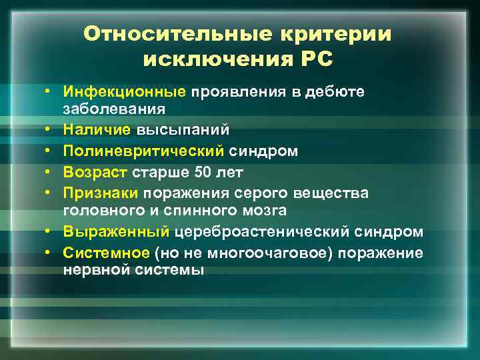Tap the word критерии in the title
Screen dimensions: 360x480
pos(330,34)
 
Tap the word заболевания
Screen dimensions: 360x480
pos(114,107)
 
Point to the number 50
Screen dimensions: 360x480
pos(202,173)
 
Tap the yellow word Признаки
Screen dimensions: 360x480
pos(101,193)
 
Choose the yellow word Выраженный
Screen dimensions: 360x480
pos(117,232)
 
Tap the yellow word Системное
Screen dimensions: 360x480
pos(106,253)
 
